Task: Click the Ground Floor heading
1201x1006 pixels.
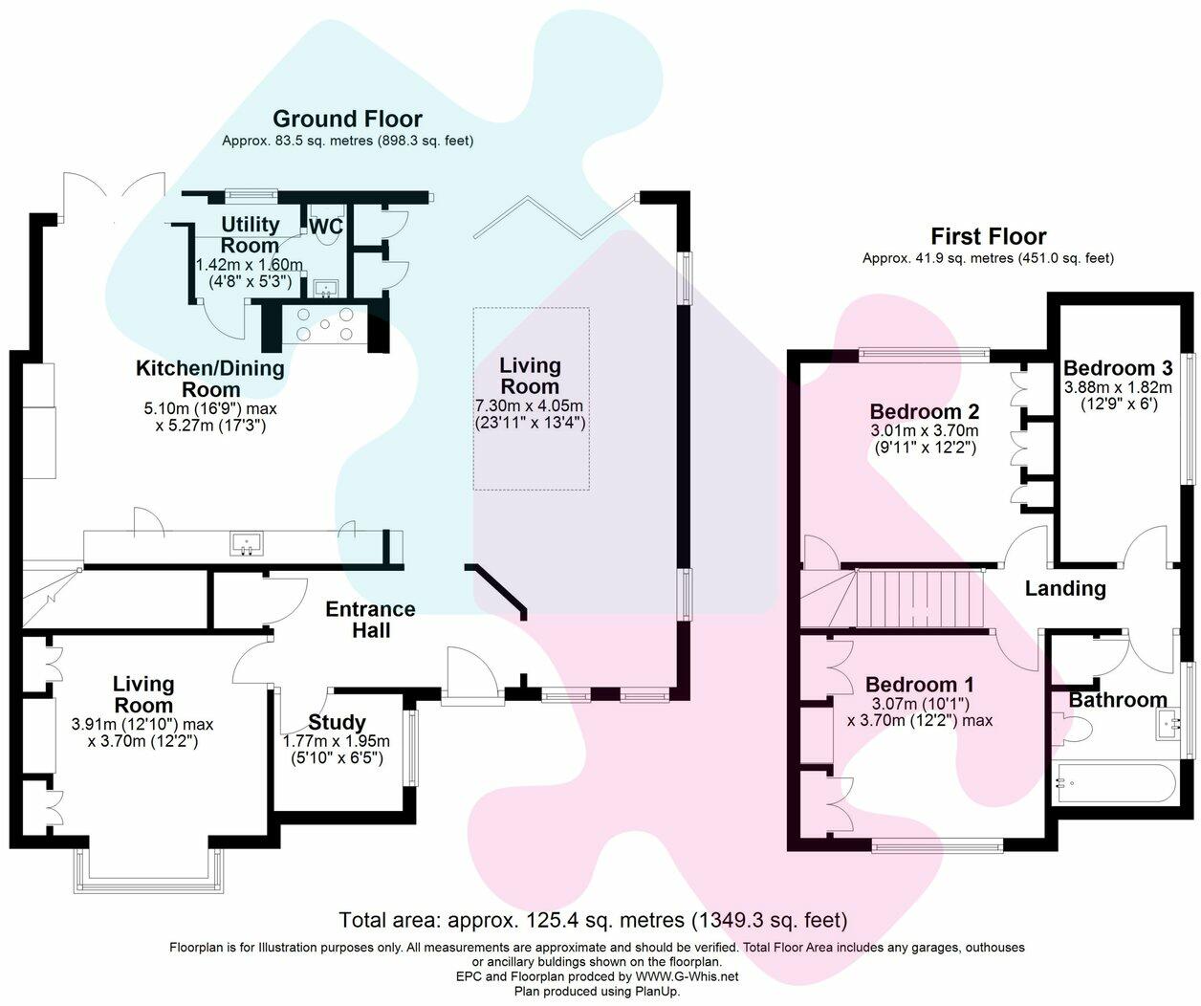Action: pyautogui.click(x=347, y=120)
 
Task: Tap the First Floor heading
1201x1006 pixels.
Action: pyautogui.click(x=988, y=236)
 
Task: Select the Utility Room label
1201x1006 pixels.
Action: pyautogui.click(x=251, y=234)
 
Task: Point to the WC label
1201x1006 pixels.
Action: pyautogui.click(x=326, y=226)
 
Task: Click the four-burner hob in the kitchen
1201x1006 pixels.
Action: pyautogui.click(x=325, y=324)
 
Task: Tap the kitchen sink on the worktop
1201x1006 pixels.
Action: pyautogui.click(x=248, y=543)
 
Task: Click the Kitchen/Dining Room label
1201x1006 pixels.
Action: pyautogui.click(x=210, y=379)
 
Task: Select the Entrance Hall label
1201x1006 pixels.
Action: pyautogui.click(x=370, y=620)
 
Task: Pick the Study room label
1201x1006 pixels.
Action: pyautogui.click(x=337, y=722)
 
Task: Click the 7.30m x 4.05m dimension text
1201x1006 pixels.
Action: pyautogui.click(x=529, y=406)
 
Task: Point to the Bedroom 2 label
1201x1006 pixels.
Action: pyautogui.click(x=925, y=411)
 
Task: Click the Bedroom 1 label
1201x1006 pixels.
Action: pyautogui.click(x=920, y=685)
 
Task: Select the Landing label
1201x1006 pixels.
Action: pyautogui.click(x=1065, y=588)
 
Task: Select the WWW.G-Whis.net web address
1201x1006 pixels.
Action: pyautogui.click(x=687, y=976)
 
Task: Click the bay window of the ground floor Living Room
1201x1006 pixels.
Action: pyautogui.click(x=148, y=870)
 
